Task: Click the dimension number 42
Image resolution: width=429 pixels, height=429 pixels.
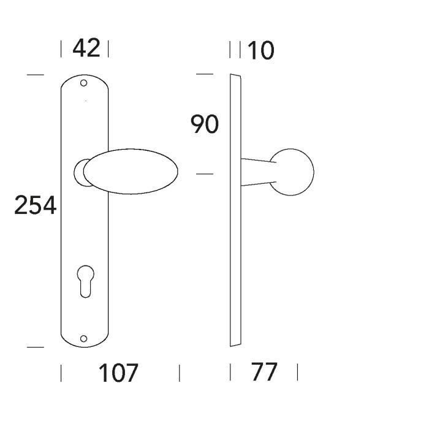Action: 86,48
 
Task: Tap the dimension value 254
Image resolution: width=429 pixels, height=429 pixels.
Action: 36,206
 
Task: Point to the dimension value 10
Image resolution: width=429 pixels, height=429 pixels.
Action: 261,51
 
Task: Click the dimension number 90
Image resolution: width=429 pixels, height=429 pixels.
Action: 205,125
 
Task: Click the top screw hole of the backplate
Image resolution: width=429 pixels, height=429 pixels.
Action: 84,83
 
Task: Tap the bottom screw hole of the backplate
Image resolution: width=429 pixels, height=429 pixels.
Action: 84,338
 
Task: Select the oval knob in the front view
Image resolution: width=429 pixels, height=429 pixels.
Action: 131,172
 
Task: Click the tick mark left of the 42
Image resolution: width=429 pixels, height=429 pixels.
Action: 61,48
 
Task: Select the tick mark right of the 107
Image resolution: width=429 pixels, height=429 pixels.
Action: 179,373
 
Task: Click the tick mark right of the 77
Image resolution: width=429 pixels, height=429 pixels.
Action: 297,372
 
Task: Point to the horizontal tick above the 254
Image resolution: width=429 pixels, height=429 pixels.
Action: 36,75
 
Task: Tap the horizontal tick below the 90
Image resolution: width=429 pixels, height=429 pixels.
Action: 204,175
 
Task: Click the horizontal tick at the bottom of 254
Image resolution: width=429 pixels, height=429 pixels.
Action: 36,347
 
